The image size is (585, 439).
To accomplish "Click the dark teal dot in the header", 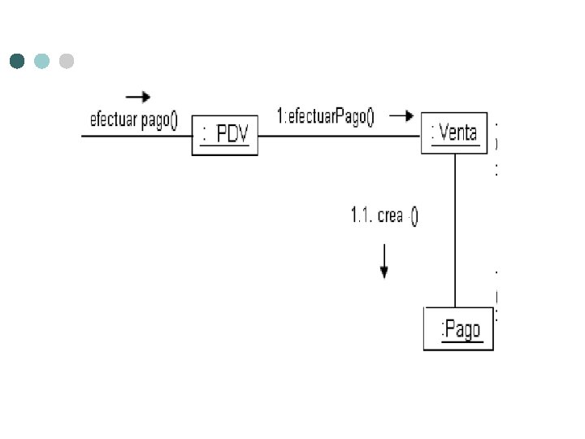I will (x=17, y=61).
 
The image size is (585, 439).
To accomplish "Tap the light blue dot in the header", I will (x=42, y=61).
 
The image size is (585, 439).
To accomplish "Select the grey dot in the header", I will (x=67, y=61).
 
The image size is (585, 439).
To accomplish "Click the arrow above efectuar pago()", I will (x=138, y=98).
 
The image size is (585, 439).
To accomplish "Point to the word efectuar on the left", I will (x=113, y=120).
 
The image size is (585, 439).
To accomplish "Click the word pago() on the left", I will (x=159, y=121).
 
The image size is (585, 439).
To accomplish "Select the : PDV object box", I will (x=224, y=135).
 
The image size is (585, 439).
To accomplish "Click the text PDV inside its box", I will (x=232, y=136).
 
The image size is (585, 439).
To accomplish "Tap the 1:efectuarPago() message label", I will (x=326, y=116).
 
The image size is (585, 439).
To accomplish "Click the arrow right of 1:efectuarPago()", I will (x=401, y=115).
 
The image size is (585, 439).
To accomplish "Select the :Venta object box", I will (x=454, y=133).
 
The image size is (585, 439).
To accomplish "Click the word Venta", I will (x=458, y=133).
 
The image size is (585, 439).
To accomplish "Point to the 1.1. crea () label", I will (x=384, y=215).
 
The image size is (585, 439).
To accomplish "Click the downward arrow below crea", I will (x=384, y=262).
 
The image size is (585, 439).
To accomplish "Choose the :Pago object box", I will (x=458, y=328).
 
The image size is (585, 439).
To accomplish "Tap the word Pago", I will (x=462, y=329).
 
